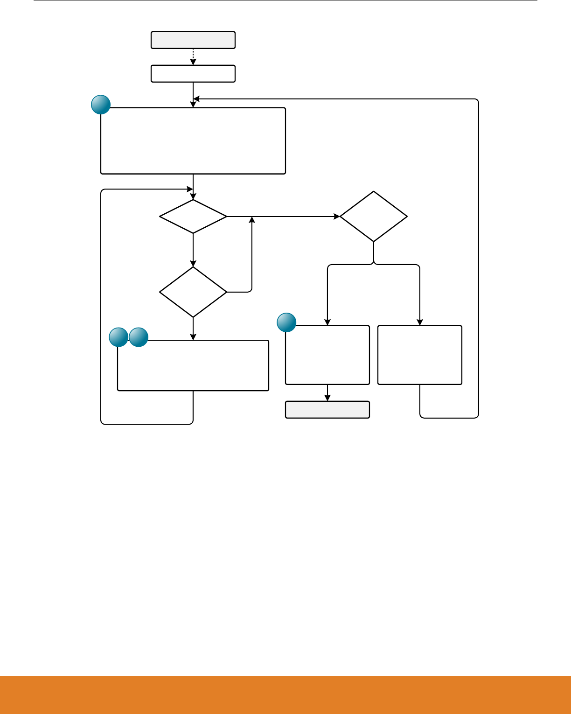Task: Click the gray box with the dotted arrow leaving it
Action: [x=193, y=40]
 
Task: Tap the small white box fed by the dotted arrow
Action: [x=193, y=74]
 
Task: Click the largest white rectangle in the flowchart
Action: [x=193, y=141]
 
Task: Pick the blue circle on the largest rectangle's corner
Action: [x=101, y=105]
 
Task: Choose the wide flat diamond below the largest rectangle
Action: [x=193, y=217]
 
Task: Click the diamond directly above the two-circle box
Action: [x=193, y=292]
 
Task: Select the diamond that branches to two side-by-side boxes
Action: [x=374, y=217]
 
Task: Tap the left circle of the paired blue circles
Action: [x=118, y=337]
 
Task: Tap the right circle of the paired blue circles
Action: [x=139, y=337]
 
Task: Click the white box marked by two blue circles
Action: [x=193, y=365]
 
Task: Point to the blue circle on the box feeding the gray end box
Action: [x=286, y=322]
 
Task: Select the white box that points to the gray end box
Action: [x=327, y=355]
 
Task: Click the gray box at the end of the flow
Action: [x=327, y=410]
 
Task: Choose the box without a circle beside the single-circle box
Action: [x=420, y=355]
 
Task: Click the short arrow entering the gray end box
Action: [x=327, y=393]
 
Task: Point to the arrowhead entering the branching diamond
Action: [x=337, y=217]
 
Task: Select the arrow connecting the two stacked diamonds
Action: [x=193, y=250]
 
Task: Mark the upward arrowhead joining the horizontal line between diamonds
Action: [x=252, y=219]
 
